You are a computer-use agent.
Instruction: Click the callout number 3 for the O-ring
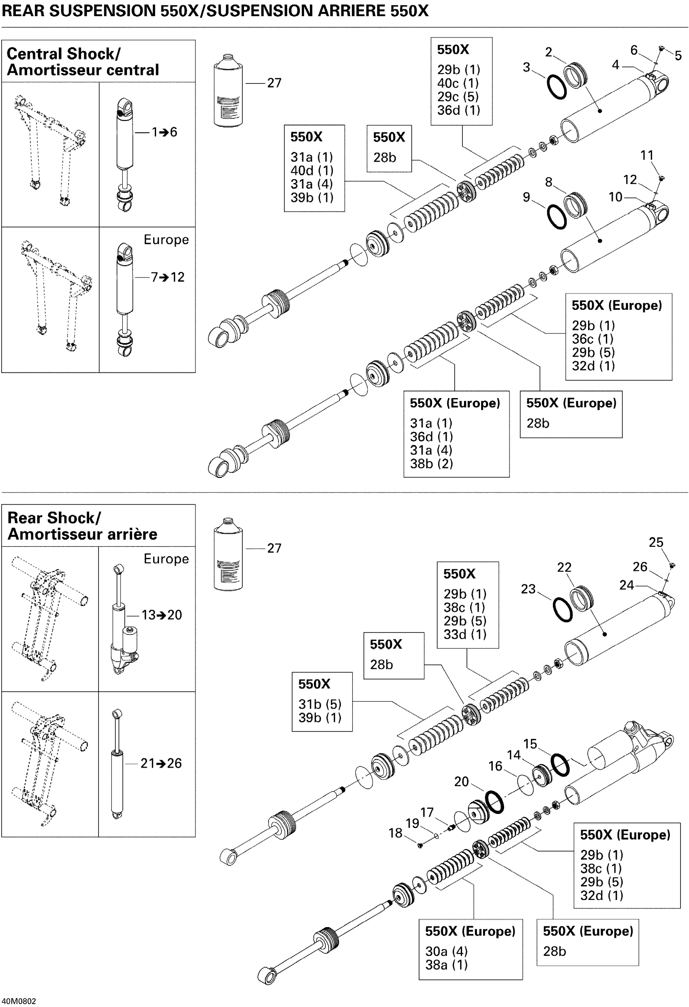click(526, 68)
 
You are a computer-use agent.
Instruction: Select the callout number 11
click(646, 155)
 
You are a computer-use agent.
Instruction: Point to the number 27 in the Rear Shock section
click(274, 548)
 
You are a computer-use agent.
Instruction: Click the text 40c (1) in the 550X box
click(458, 83)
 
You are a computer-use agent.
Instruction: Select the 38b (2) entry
click(431, 464)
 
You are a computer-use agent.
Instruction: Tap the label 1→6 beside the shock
click(164, 132)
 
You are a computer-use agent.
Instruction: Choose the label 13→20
click(162, 615)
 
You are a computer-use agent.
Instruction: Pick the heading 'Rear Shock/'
click(54, 518)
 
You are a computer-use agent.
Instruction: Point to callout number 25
click(656, 542)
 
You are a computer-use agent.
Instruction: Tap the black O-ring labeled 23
click(563, 610)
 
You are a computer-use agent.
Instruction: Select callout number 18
click(395, 833)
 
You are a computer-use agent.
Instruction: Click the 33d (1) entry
click(464, 634)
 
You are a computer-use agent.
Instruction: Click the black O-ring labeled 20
click(494, 803)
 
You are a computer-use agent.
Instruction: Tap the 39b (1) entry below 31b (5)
click(319, 718)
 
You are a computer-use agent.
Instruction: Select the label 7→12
click(167, 277)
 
